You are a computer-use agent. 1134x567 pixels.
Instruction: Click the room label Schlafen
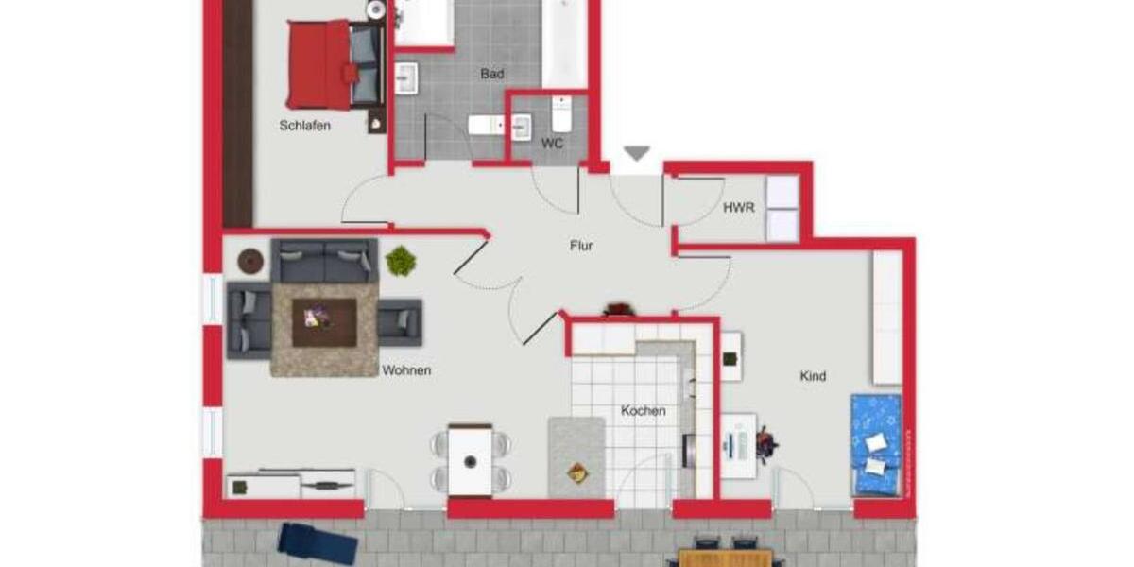[x=305, y=125]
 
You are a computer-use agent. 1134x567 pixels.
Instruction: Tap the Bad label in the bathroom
[x=491, y=74]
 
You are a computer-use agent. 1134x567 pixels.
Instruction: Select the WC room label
[x=552, y=144]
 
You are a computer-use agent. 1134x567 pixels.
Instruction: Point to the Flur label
[x=581, y=246]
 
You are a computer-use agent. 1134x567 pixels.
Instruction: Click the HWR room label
[x=738, y=208]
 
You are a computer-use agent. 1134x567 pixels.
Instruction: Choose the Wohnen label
[x=406, y=370]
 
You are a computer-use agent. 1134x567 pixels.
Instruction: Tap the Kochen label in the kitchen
[x=643, y=411]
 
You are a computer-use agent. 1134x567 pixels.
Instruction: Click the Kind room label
[x=813, y=376]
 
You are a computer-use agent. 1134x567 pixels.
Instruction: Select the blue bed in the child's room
[x=876, y=444]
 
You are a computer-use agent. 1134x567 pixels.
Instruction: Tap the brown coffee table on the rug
[x=324, y=322]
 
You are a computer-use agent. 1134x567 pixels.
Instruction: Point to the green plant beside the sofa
[x=401, y=260]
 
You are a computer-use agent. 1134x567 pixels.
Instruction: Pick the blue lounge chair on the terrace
[x=318, y=543]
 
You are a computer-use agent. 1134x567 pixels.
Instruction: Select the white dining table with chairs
[x=471, y=460]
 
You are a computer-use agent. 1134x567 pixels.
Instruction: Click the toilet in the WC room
[x=561, y=115]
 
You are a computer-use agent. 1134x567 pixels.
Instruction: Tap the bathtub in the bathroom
[x=565, y=43]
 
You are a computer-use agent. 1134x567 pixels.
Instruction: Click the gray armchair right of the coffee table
[x=400, y=322]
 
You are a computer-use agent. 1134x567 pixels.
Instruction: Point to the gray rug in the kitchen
[x=576, y=457]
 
